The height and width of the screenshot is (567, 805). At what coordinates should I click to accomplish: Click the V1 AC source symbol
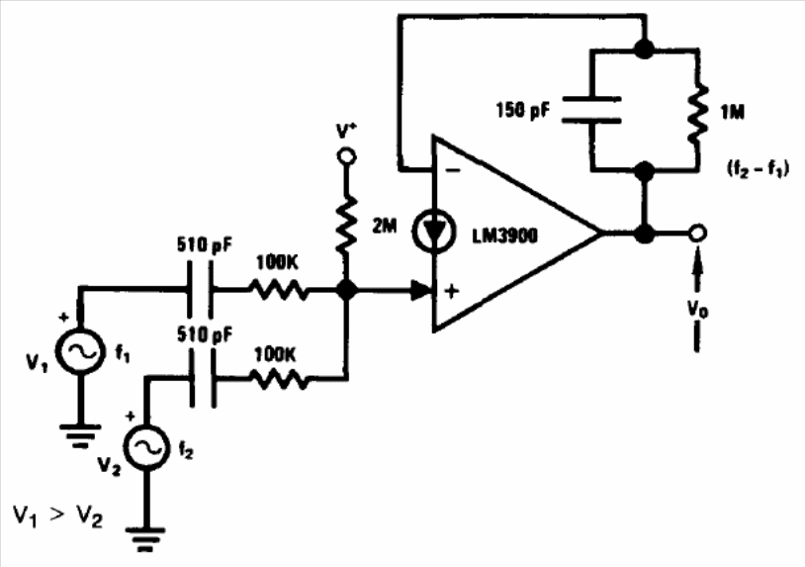[79, 350]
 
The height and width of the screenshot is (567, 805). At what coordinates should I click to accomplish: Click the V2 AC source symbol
[146, 447]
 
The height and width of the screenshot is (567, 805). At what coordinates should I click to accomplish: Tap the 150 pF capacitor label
[522, 110]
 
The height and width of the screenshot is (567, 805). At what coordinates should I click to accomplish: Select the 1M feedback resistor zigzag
[698, 114]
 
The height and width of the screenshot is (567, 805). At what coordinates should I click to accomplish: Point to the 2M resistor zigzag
[346, 224]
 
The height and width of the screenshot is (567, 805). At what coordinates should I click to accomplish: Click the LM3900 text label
[504, 236]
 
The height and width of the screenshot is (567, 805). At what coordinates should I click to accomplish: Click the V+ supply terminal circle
[347, 156]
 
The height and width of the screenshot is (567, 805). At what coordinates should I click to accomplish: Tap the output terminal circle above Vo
[697, 234]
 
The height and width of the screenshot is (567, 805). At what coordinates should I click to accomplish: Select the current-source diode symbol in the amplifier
[434, 232]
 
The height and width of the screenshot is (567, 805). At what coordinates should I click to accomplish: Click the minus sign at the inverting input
[453, 170]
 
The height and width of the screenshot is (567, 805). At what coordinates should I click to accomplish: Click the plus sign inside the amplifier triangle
[452, 292]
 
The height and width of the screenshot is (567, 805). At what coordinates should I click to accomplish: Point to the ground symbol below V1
[79, 435]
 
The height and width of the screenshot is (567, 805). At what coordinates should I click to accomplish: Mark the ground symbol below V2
[146, 538]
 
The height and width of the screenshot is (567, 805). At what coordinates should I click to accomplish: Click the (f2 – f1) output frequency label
[758, 168]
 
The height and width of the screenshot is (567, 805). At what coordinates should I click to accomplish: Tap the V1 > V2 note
[58, 516]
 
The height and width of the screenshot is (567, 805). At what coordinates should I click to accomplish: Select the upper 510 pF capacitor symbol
[200, 290]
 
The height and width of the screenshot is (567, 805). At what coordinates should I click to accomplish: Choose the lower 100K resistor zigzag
[279, 381]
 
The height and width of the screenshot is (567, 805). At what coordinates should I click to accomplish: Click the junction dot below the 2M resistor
[347, 290]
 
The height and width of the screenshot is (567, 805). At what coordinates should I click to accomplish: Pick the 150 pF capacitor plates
[592, 110]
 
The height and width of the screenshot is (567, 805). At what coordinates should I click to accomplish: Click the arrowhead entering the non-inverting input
[420, 290]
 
